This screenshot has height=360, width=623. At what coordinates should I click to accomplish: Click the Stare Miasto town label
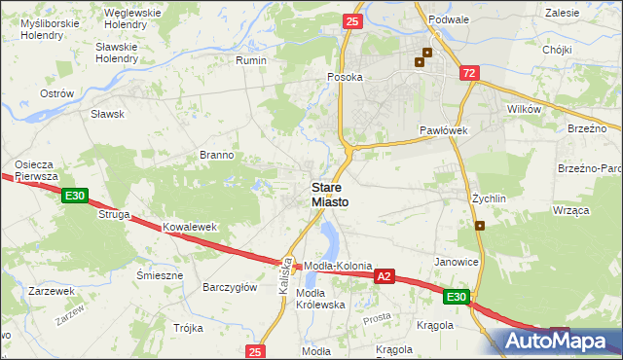click(331, 195)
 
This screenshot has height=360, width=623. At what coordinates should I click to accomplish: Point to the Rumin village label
click(251, 59)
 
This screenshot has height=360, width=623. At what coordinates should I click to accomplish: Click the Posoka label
click(345, 77)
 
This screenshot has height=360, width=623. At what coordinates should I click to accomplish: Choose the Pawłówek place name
click(445, 129)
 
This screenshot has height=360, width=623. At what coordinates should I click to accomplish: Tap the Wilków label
click(524, 110)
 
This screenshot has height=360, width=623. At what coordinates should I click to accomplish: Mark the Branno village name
click(216, 155)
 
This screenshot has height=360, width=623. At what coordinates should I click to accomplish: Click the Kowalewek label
click(189, 227)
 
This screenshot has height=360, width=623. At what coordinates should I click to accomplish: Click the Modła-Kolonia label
click(339, 266)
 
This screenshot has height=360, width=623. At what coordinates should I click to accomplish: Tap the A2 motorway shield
click(385, 277)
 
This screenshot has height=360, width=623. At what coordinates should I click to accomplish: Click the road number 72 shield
click(470, 73)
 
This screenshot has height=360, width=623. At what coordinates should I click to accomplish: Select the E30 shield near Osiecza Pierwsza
click(75, 197)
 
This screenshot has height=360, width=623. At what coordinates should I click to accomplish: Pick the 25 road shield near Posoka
click(352, 20)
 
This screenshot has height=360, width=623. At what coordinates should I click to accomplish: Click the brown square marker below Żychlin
click(481, 226)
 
